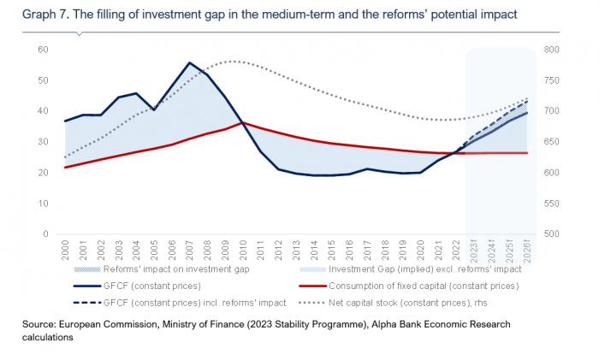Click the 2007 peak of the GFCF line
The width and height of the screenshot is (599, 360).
tap(189, 62)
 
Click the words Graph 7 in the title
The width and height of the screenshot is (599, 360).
tap(31, 15)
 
